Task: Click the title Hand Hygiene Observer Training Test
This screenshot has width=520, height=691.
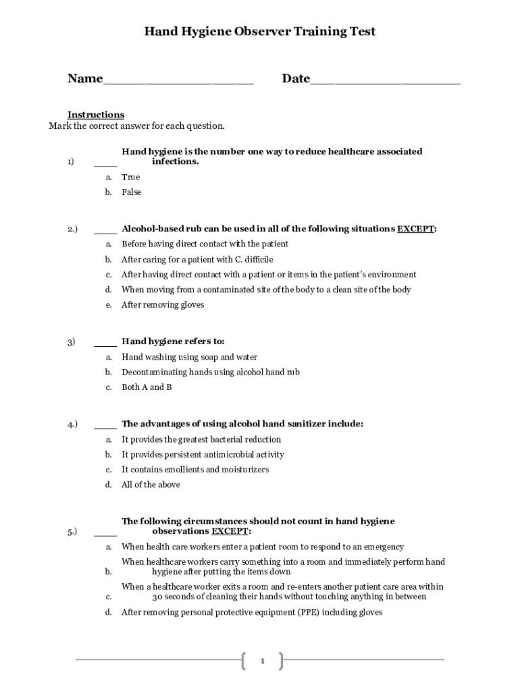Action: tap(260, 32)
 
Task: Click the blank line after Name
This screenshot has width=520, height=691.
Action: tap(178, 81)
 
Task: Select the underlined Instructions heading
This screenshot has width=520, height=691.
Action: tap(96, 115)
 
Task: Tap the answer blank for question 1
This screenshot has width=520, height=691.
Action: tap(105, 163)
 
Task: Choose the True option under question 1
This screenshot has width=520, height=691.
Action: tap(130, 177)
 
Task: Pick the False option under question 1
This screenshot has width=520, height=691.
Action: tap(132, 192)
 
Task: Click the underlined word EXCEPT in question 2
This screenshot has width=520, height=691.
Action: tap(415, 229)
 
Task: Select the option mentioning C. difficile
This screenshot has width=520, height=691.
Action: tap(197, 260)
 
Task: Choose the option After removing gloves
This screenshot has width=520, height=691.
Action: tap(163, 305)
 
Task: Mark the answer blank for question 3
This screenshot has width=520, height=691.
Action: tap(105, 342)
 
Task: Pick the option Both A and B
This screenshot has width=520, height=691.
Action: tap(147, 387)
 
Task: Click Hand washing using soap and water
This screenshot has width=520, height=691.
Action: tap(189, 358)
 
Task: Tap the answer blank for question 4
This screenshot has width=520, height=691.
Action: tap(105, 425)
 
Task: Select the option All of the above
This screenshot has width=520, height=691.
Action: tap(151, 485)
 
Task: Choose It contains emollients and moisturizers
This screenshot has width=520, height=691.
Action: tap(195, 470)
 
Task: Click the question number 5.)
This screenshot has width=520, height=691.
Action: tap(72, 532)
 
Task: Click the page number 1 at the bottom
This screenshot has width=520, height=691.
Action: tap(262, 661)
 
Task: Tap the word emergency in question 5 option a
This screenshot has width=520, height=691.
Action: tap(382, 547)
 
